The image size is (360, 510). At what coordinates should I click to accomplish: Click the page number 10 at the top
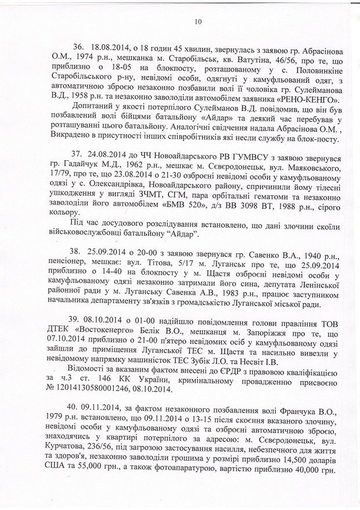pyautogui.click(x=197, y=22)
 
